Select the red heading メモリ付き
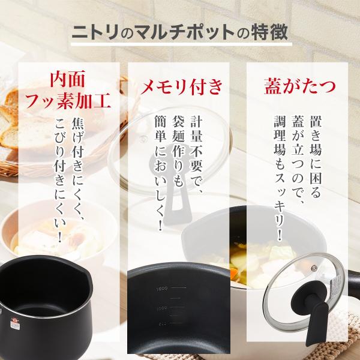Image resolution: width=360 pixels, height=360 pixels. (181, 87)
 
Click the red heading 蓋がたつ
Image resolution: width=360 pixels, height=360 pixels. (299, 86)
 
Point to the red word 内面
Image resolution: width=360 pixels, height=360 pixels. (68, 79)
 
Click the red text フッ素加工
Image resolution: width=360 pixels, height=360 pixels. (68, 101)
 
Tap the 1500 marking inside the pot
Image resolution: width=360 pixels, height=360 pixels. (162, 289)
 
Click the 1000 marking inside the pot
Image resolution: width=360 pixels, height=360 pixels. (163, 308)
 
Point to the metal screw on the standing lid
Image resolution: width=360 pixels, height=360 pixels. (313, 268)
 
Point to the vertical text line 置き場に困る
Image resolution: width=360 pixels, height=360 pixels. (316, 157)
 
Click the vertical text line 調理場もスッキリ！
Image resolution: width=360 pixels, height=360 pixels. (280, 178)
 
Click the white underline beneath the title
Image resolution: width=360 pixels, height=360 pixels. (181, 44)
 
